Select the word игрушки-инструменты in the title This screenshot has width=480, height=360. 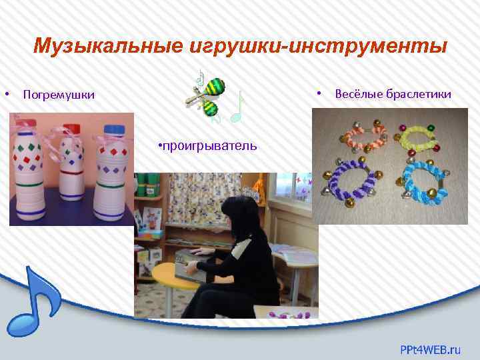point(317,46)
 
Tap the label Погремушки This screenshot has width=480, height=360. point(59,95)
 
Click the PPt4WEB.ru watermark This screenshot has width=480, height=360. point(430,348)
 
